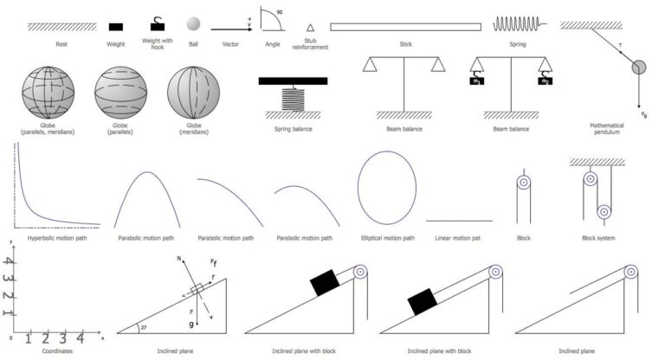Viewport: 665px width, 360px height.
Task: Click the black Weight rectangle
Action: tap(115, 27)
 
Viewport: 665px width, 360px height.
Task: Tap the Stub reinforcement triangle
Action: tap(311, 28)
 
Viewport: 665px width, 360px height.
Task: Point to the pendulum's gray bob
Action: tap(640, 68)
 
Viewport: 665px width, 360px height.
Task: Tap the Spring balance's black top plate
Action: tap(296, 81)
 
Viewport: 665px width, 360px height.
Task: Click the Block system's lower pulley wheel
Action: tap(604, 209)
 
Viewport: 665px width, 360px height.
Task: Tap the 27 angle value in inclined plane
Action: tap(143, 327)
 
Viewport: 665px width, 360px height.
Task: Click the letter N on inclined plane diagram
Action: tap(178, 258)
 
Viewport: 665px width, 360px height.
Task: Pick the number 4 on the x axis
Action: tap(80, 338)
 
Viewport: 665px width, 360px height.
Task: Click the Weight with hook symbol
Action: tap(157, 25)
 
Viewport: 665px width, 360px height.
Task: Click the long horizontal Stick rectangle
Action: tap(404, 27)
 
